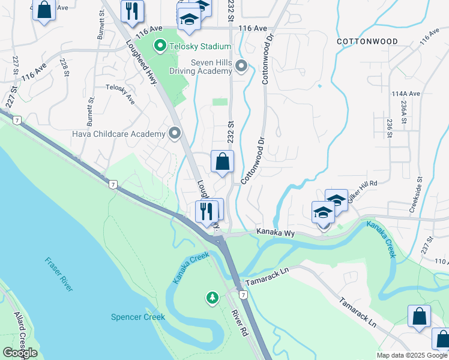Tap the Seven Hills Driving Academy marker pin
(x=242, y=66)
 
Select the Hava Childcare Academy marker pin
(x=175, y=133)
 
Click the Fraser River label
(x=59, y=274)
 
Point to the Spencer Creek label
(x=137, y=317)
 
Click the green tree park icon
(x=212, y=298)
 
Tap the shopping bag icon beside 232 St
(x=222, y=161)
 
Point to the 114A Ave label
(x=406, y=94)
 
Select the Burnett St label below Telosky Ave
(x=92, y=109)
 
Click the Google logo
(x=20, y=353)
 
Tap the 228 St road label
(x=63, y=67)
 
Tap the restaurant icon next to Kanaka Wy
(x=205, y=211)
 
